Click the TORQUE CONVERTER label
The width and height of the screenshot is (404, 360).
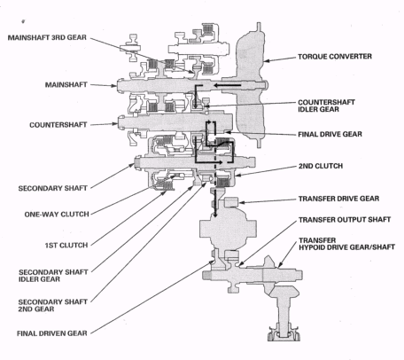tap(335, 57)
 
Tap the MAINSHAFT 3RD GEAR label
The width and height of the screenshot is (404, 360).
tap(47, 37)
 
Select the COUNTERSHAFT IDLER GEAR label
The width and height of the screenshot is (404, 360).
tap(326, 106)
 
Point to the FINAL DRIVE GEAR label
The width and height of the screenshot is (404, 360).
tap(330, 134)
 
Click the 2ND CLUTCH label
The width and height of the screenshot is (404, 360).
tap(321, 166)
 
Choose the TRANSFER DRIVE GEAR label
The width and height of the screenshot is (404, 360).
tap(338, 199)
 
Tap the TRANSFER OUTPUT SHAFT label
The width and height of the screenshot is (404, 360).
tap(345, 220)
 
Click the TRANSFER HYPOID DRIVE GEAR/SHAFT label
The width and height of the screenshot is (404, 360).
tap(346, 244)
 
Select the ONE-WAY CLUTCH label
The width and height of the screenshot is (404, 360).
tap(57, 215)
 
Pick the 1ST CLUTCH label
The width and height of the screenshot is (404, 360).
tap(66, 246)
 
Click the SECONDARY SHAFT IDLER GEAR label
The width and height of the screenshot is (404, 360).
tap(53, 276)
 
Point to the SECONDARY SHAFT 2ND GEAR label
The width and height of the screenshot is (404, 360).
tap(53, 306)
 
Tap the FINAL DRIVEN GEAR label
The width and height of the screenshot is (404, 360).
tap(52, 333)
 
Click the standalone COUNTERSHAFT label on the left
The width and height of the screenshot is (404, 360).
tap(58, 125)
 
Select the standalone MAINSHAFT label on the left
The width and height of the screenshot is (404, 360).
tap(66, 85)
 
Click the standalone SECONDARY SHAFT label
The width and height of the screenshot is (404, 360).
tap(53, 188)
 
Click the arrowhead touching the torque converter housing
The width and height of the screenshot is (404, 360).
tap(267, 61)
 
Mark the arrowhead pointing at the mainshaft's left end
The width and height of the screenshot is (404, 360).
tap(114, 86)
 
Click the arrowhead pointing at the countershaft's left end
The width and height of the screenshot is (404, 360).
tap(114, 123)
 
